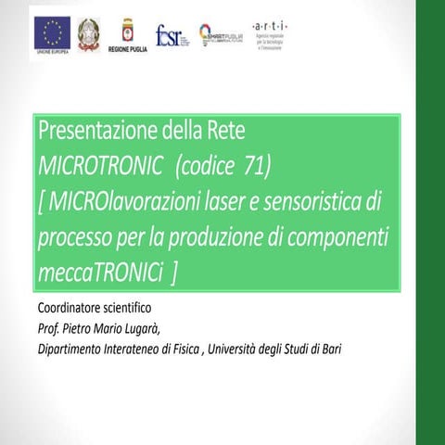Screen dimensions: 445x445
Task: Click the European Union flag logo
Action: click(53, 33)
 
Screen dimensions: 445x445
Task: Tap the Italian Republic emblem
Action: click(89, 33)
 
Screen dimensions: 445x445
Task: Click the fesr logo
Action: click(172, 35)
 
